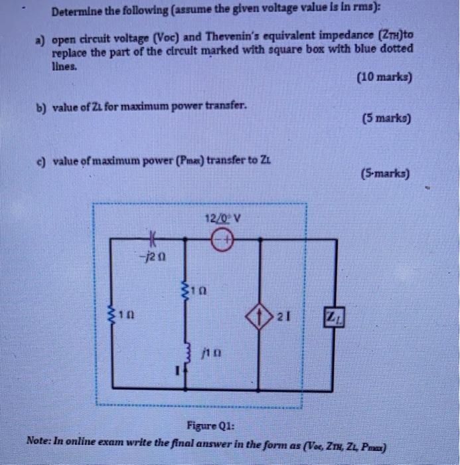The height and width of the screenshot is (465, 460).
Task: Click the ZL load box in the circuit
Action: (333, 316)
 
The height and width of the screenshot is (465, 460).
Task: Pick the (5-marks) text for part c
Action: (386, 175)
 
